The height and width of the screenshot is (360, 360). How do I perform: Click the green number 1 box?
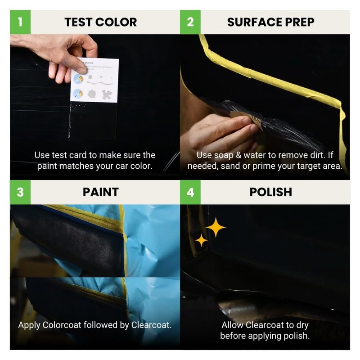coord(20,22)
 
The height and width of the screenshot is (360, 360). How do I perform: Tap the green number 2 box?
coord(190,22)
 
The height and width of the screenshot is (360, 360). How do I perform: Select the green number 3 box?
coord(20,192)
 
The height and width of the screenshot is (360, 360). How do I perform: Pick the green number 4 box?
coord(190,192)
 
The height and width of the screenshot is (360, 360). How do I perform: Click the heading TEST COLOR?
coord(100,22)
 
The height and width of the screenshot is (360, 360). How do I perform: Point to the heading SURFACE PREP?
coord(270,22)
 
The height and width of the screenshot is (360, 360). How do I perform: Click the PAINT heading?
coord(100,192)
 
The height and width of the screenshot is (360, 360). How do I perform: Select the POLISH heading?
coord(270,192)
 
